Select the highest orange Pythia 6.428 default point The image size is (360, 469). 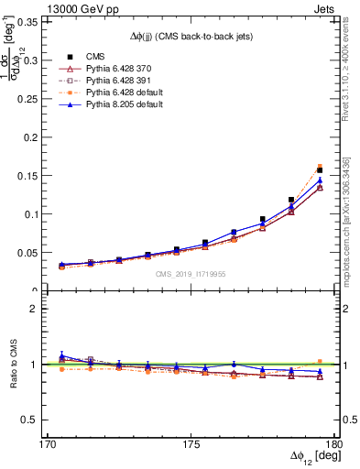[x=320, y=167]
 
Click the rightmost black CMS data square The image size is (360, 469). [x=320, y=170]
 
